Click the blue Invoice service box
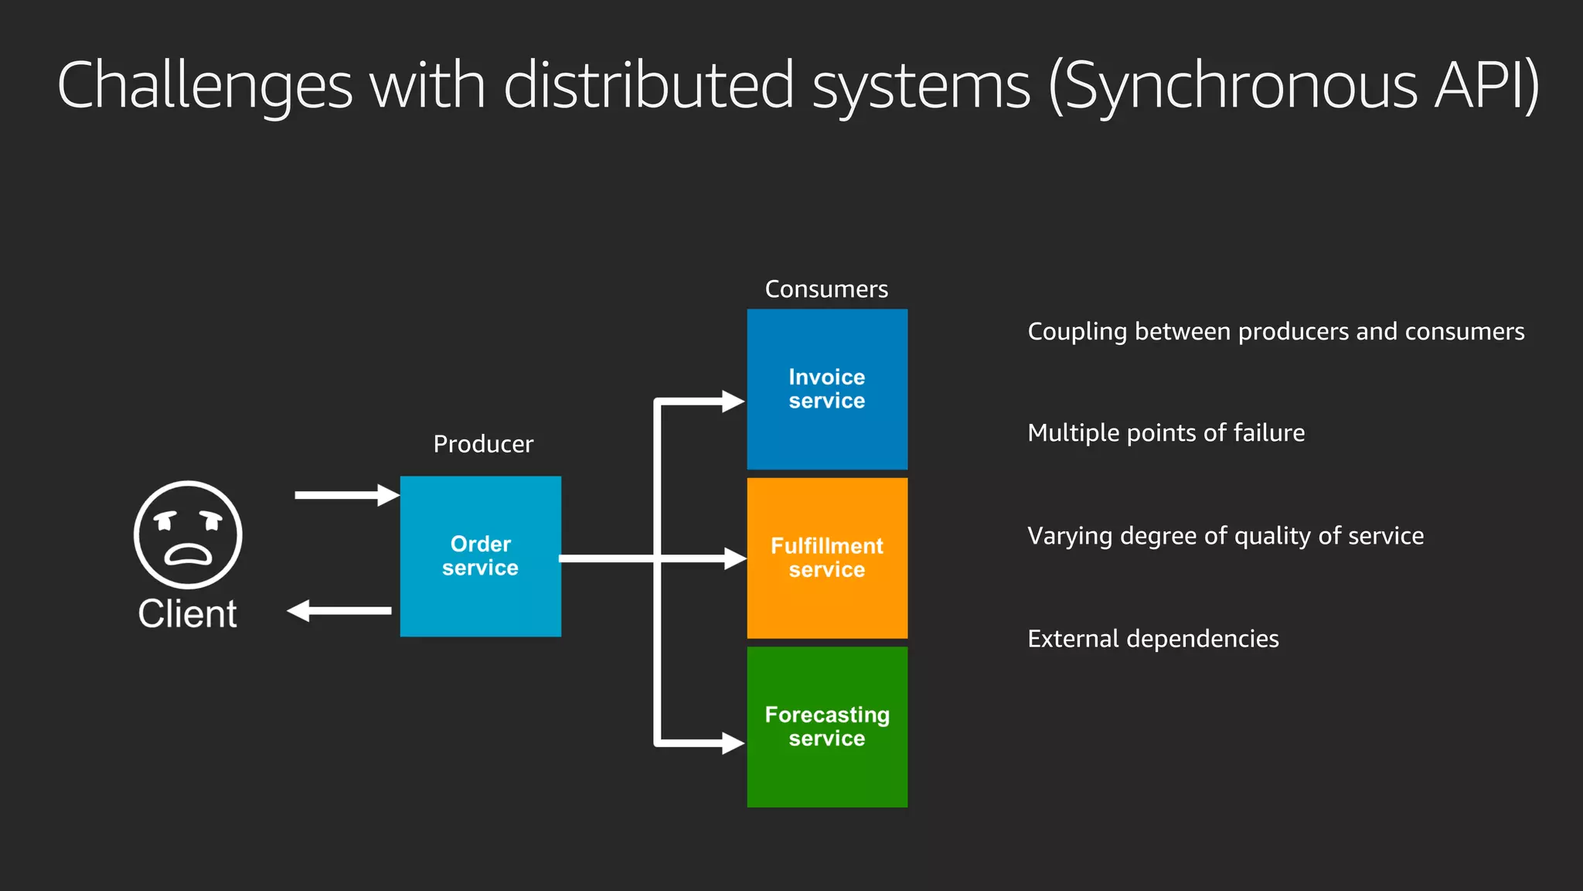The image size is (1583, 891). coord(826,389)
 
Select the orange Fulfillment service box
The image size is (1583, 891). coord(826,558)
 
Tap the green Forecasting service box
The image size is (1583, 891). coord(826,726)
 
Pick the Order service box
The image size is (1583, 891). coord(480,556)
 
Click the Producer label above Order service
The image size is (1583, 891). coord(483,444)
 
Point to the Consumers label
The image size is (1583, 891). coord(826,289)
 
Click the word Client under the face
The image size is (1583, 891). coord(187,614)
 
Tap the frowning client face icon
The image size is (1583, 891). coord(188,535)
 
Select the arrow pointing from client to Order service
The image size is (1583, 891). coord(344,495)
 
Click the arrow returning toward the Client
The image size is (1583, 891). coord(340,611)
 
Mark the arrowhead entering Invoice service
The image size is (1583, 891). coord(732,401)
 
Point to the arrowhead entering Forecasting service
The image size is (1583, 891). coord(732,743)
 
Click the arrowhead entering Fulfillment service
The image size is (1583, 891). coord(734,558)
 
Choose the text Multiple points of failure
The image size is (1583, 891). coord(1166,433)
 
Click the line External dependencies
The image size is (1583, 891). coord(1152,639)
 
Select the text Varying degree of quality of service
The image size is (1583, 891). coord(1225,536)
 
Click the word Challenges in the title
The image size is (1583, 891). coord(204,86)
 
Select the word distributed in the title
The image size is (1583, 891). coord(649,86)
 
